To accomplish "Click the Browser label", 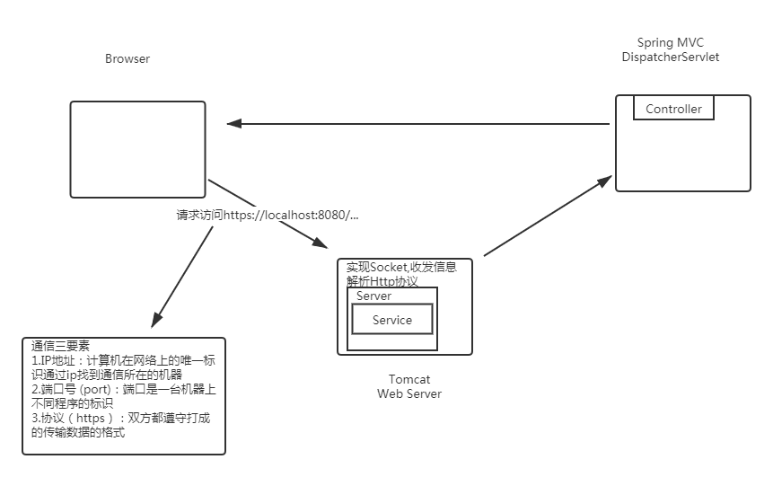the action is pos(127,59).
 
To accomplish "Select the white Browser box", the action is pos(138,147).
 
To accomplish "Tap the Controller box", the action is pos(673,109).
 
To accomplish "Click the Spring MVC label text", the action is pos(670,43).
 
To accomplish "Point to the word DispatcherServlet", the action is pos(670,57).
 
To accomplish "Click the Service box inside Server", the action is pos(391,320).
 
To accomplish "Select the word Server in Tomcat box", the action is pos(373,296).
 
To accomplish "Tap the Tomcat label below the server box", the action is pos(409,380).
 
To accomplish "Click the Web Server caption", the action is pos(409,393).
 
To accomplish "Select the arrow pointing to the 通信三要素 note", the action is pos(184,275).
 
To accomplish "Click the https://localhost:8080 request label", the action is pos(267,216).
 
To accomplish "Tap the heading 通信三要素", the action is pos(61,346).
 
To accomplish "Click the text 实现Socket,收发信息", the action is pos(401,267).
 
